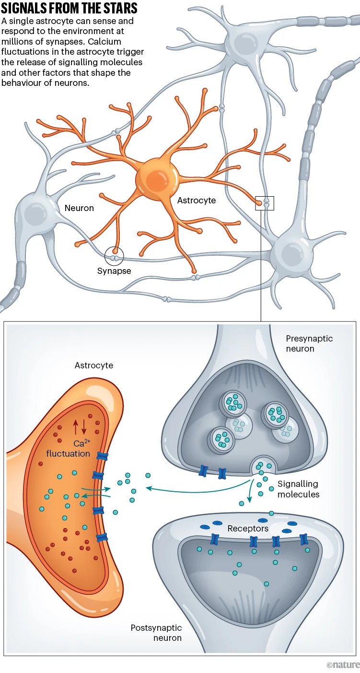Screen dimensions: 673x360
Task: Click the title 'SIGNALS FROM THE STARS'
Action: point(70,8)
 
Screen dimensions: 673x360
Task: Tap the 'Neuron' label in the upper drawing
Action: point(79,208)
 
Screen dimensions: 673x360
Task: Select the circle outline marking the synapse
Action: point(115,256)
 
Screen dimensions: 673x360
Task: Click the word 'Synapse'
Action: point(114,271)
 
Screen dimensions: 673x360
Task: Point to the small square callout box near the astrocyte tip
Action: point(264,203)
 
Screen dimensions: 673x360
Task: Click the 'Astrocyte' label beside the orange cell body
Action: point(197,201)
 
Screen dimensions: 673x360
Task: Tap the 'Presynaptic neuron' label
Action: point(309,343)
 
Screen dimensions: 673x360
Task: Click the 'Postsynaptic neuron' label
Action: point(156,633)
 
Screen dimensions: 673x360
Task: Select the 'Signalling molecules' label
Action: point(298,489)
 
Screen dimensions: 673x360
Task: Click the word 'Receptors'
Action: point(248,529)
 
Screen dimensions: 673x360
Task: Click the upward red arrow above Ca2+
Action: point(75,426)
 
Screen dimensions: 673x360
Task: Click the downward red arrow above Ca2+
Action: point(85,426)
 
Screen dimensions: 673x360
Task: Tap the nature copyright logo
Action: point(343,665)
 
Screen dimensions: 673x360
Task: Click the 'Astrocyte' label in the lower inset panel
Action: point(94,366)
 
